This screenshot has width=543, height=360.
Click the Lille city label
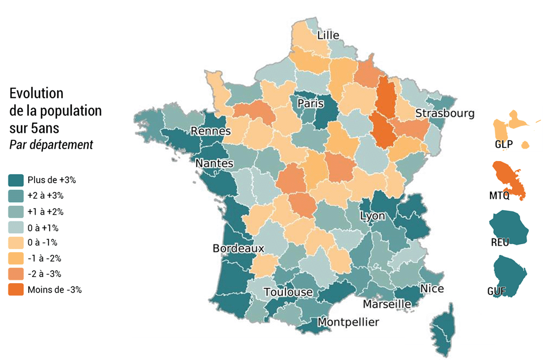click(x=328, y=35)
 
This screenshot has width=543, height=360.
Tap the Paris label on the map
click(x=311, y=103)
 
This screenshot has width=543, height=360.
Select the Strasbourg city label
click(x=445, y=113)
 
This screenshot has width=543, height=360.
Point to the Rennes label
click(x=210, y=131)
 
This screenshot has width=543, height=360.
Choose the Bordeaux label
click(x=238, y=248)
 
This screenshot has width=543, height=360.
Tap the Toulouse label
click(x=288, y=292)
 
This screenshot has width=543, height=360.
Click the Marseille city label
click(x=387, y=304)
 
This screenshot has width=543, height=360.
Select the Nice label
click(x=432, y=289)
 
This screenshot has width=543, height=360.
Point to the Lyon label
click(x=372, y=216)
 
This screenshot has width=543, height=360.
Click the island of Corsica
click(x=443, y=328)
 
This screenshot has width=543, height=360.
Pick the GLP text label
click(x=503, y=144)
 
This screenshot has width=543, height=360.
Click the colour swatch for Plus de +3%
click(x=16, y=180)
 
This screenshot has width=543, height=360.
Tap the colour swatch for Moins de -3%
click(x=16, y=289)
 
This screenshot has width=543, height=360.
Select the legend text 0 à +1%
click(x=43, y=228)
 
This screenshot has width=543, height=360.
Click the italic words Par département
click(x=51, y=145)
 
